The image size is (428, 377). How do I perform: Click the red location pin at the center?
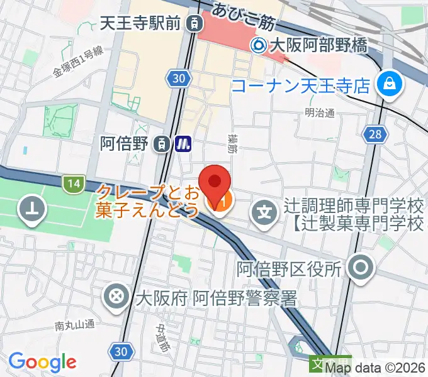coord(215,182)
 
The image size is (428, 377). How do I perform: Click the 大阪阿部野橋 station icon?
coord(259,45)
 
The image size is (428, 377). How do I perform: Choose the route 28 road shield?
coord(374,134)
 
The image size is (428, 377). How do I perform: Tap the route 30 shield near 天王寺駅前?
coord(178,77)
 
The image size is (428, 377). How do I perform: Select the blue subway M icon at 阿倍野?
coord(183,144)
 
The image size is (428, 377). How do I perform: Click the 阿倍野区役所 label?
coord(289,269)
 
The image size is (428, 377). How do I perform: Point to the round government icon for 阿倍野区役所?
coord(362,268)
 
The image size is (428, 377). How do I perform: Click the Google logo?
coord(42,362)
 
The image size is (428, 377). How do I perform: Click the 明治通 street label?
coord(319,113)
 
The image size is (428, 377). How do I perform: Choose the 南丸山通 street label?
coord(74,325)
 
